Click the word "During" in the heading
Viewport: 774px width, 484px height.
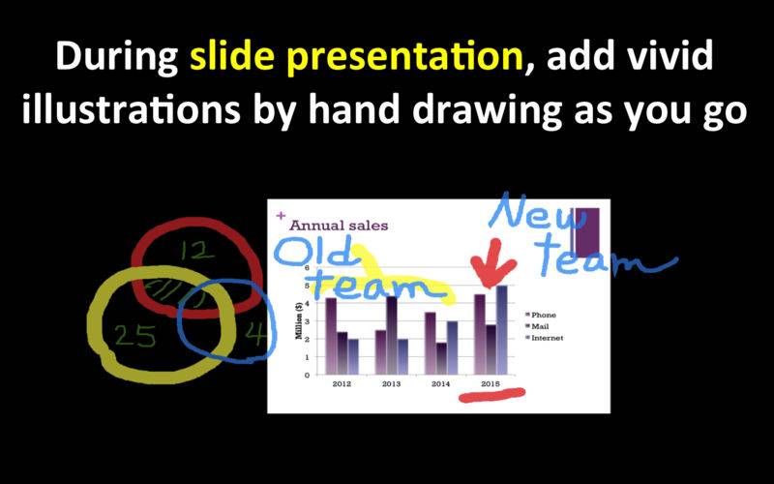[116, 57]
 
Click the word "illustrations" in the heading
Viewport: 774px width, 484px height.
[131, 108]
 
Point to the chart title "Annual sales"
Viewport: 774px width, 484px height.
[339, 226]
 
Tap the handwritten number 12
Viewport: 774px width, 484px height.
[197, 251]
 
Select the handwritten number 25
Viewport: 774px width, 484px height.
[135, 336]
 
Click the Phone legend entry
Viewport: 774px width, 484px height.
[541, 315]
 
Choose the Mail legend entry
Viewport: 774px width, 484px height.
[537, 326]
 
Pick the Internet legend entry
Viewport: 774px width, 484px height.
[544, 338]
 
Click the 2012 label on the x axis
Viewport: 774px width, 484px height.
[342, 383]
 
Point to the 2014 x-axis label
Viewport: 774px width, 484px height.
[441, 383]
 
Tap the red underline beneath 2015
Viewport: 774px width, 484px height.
[491, 395]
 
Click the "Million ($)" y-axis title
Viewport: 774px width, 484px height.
[299, 320]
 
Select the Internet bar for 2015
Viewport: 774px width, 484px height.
[502, 330]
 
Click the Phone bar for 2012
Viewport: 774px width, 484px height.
[331, 336]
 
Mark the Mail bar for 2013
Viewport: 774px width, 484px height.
[392, 335]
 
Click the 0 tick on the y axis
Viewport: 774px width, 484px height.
[307, 375]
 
